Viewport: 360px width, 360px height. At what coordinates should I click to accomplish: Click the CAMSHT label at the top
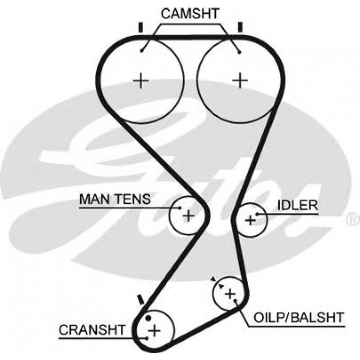click(190, 14)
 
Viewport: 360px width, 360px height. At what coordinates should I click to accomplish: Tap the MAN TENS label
click(115, 199)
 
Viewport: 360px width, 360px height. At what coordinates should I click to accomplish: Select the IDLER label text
click(297, 205)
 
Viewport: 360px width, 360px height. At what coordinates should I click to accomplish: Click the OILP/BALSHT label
click(299, 318)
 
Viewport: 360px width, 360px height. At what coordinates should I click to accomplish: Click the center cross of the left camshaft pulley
click(141, 80)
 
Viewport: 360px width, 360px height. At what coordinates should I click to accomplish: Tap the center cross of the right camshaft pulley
click(240, 80)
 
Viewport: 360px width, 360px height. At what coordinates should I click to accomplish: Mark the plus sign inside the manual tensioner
click(189, 216)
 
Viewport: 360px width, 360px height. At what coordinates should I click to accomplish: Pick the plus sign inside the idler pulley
click(250, 220)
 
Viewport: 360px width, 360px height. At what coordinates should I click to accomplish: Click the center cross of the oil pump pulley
click(230, 294)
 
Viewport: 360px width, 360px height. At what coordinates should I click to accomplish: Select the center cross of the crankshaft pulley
click(154, 331)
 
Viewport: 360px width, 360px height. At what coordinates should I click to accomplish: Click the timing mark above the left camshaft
click(141, 28)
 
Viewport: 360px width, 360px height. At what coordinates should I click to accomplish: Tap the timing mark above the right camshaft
click(240, 27)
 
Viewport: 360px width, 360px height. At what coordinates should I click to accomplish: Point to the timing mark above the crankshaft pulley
click(141, 299)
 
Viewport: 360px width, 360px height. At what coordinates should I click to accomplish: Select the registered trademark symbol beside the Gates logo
click(353, 219)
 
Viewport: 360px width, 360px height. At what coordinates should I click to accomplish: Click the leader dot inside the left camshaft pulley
click(141, 51)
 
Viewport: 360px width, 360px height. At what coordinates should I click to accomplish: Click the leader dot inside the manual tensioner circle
click(179, 208)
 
